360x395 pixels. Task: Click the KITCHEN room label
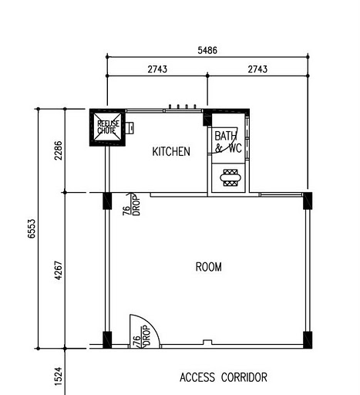click(170, 152)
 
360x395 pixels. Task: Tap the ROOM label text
click(208, 267)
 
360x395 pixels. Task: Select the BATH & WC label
click(228, 141)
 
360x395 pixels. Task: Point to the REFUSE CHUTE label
click(106, 127)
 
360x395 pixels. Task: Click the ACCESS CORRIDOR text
click(223, 377)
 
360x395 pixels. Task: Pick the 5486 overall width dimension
click(207, 50)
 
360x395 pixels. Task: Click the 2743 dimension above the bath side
click(257, 69)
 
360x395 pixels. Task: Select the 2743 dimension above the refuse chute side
click(157, 69)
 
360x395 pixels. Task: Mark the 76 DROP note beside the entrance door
click(137, 339)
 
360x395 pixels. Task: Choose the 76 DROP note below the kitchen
click(131, 205)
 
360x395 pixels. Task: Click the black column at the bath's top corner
click(207, 118)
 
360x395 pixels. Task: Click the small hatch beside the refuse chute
click(130, 127)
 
